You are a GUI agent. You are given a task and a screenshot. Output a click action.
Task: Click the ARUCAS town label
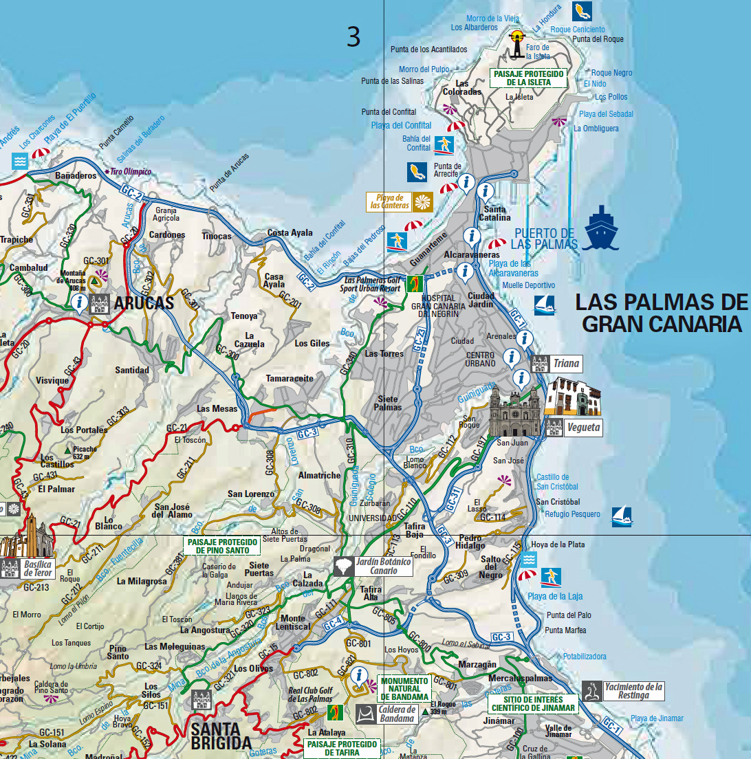pos(144,303)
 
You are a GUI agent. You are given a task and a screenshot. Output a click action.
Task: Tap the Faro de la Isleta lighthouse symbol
pos(517,43)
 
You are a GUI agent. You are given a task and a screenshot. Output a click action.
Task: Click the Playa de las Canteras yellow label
pos(390,201)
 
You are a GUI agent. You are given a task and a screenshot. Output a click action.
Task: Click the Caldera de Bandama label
pos(397,714)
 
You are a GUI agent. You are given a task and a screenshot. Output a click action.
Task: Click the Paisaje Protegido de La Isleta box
pos(529,78)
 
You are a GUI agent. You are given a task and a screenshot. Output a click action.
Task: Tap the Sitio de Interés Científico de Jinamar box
pos(532,703)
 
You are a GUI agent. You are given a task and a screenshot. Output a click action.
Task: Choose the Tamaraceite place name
pos(290,379)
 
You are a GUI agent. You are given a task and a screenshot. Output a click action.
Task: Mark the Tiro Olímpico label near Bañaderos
pos(129,172)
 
